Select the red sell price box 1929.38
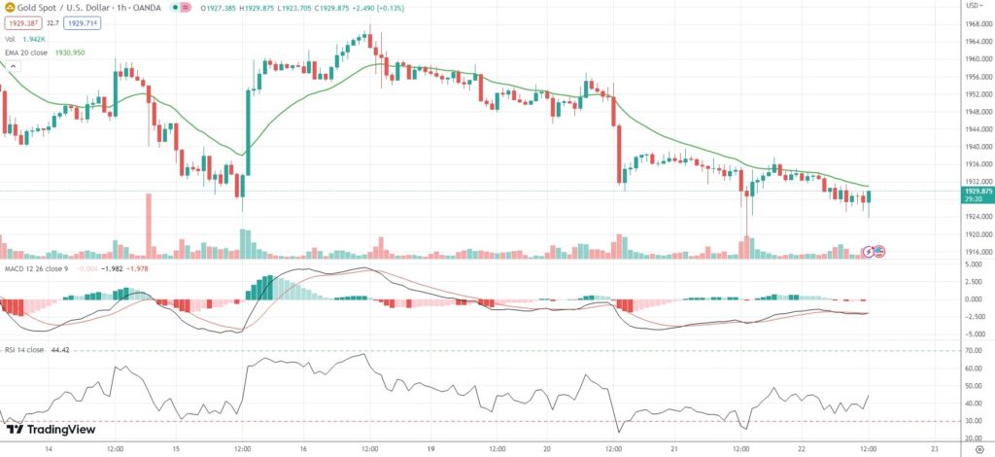click(x=20, y=21)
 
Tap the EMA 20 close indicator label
click(x=58, y=52)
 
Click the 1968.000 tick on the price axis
click(x=977, y=24)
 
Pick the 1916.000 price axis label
click(x=977, y=252)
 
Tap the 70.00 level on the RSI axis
click(x=972, y=351)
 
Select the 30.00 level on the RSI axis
click(x=972, y=421)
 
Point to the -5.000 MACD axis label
click(x=974, y=334)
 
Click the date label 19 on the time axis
click(x=427, y=449)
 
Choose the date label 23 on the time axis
click(x=933, y=449)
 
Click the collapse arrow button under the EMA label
click(x=13, y=65)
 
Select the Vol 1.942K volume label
click(x=32, y=39)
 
